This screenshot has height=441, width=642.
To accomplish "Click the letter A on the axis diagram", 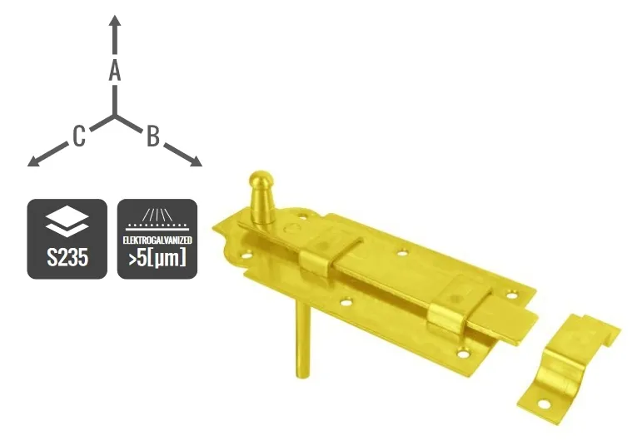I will [115, 72].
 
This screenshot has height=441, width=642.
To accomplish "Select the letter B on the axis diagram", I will [153, 136].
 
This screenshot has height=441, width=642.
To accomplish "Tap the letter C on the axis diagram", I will [77, 136].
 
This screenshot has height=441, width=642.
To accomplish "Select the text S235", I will [67, 257].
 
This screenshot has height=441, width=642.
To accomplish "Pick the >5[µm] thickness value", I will [157, 258].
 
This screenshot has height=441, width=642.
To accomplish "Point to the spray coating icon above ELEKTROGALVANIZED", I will [157, 218].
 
